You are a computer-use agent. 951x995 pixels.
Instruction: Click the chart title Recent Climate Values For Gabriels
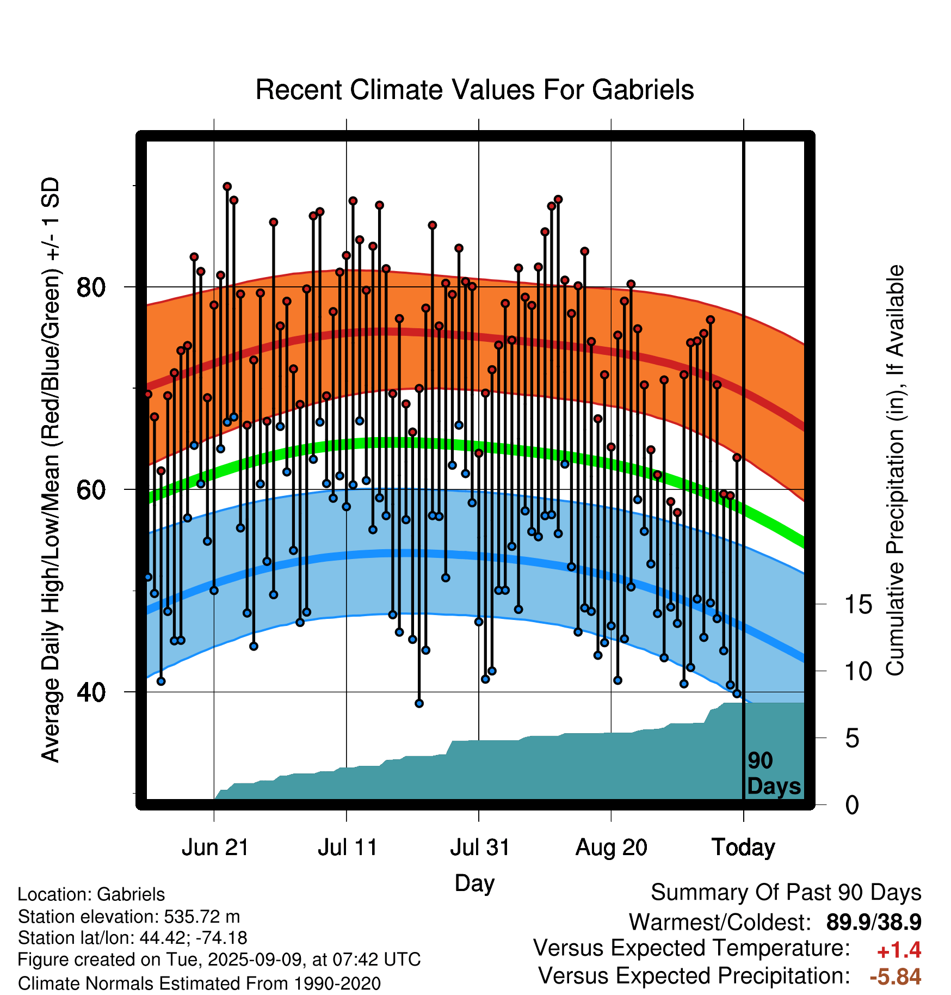[475, 90]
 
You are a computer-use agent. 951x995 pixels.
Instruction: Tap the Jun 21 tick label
[215, 847]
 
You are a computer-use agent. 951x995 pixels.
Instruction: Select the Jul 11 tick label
[348, 847]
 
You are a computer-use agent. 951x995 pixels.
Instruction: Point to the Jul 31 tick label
[480, 847]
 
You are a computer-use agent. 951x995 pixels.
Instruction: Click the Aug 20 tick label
[612, 847]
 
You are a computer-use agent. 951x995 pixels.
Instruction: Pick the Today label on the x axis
[744, 847]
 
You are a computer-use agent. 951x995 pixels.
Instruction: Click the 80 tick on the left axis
[91, 287]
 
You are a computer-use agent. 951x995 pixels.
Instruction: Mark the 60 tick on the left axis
[91, 490]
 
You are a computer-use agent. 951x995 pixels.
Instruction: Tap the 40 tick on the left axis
[91, 692]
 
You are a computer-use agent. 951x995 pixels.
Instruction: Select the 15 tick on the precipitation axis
[858, 605]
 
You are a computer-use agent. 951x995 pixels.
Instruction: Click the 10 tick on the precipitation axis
[858, 672]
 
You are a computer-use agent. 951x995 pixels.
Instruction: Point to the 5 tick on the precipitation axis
[852, 739]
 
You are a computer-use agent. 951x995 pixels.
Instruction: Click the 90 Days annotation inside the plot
[774, 773]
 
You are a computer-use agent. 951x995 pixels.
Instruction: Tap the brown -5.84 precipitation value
[896, 977]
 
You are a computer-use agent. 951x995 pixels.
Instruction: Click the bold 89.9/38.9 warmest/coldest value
[874, 923]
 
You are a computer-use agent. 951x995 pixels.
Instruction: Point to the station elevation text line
[129, 917]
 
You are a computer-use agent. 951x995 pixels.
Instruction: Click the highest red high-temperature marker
[227, 187]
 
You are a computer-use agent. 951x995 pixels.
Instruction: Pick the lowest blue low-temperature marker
[419, 703]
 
